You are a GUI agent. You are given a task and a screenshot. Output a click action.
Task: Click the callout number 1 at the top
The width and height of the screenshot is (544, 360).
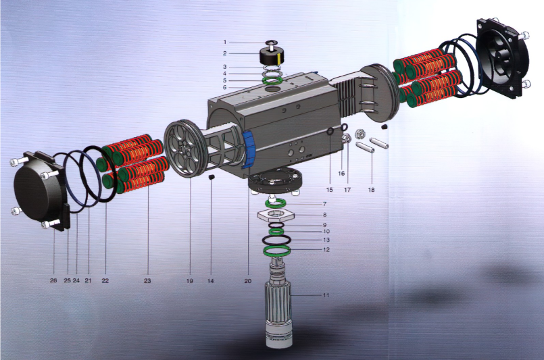pos(225,43)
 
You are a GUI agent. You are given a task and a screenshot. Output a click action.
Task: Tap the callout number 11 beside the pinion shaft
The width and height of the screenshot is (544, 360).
pos(326,295)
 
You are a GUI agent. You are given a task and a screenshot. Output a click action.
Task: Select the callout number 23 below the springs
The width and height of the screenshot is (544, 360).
pos(147,281)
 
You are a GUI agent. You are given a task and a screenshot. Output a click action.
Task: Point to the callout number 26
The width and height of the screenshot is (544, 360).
pos(53,280)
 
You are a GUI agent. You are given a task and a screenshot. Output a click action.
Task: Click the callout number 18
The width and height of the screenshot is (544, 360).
pos(371,190)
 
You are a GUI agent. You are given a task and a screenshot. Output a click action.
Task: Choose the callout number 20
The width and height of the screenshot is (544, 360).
pos(248,281)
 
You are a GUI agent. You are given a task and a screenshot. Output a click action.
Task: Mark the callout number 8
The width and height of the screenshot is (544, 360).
pos(325,215)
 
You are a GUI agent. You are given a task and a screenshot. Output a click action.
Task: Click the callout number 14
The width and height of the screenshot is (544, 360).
pos(211,281)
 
